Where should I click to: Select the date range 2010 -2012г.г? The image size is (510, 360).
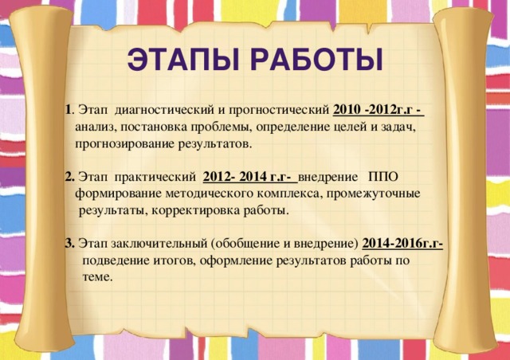click(376, 109)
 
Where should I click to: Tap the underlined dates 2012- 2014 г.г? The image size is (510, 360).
click(249, 176)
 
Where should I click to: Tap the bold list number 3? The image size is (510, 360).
click(69, 244)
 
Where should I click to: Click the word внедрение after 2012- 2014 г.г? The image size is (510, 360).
click(333, 176)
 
